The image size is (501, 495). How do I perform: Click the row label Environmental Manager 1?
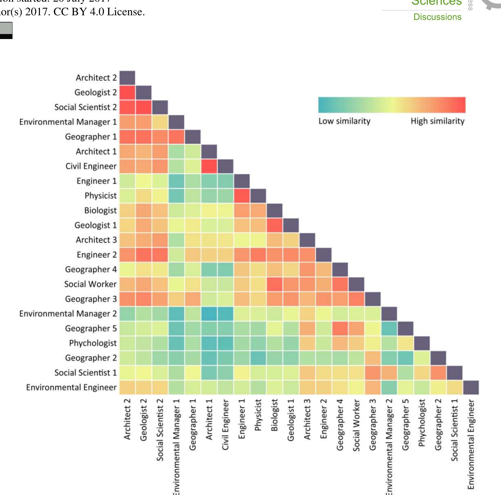pos(68,122)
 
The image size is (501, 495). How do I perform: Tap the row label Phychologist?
pos(93,343)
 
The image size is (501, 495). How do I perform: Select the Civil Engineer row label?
pos(91,166)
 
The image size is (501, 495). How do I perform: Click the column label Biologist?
pos(274,415)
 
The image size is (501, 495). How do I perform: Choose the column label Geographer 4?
pos(340,425)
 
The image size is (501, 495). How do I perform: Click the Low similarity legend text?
pos(344,121)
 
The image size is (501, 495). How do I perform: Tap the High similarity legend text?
pos(437,121)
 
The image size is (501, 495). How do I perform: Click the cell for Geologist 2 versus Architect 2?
pos(127,93)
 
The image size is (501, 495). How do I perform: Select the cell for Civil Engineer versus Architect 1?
pos(209,166)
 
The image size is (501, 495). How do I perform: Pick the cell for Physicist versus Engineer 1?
pos(242,196)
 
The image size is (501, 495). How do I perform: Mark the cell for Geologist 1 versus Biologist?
pos(274,225)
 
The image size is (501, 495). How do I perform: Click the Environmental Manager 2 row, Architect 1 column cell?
pos(209,314)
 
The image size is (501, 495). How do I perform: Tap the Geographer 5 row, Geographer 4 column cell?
pos(340,328)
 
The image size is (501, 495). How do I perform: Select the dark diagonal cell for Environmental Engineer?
pos(471,387)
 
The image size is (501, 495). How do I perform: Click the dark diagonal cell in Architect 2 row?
pos(127,78)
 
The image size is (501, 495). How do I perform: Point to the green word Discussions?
pos(437,17)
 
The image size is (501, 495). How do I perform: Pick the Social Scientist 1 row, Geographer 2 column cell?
pos(438,373)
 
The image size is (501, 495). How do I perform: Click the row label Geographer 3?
pos(91,299)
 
